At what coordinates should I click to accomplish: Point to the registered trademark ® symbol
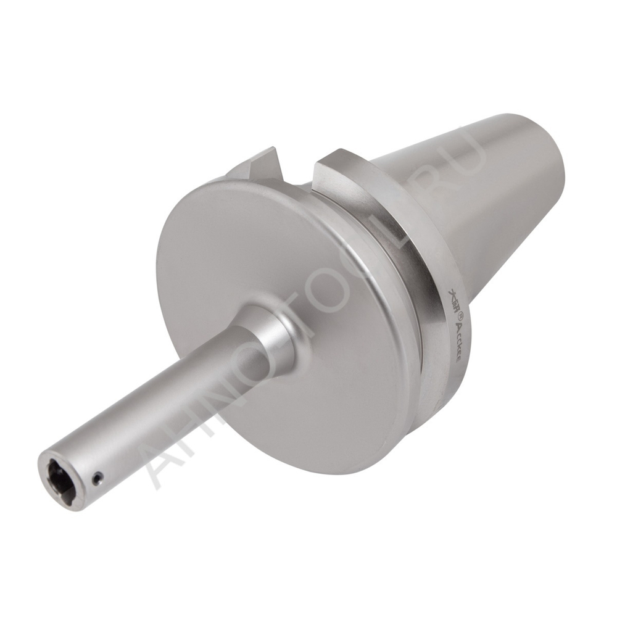click(457, 308)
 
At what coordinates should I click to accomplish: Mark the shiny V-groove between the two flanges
click(395, 259)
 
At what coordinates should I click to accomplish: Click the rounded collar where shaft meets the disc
click(271, 336)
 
